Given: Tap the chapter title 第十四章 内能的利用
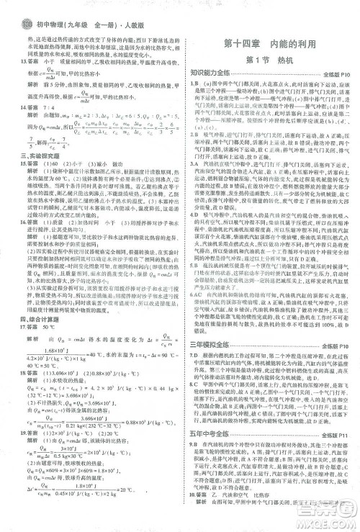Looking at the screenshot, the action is tap(272, 42).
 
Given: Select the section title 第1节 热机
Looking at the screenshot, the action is tap(272, 59).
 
